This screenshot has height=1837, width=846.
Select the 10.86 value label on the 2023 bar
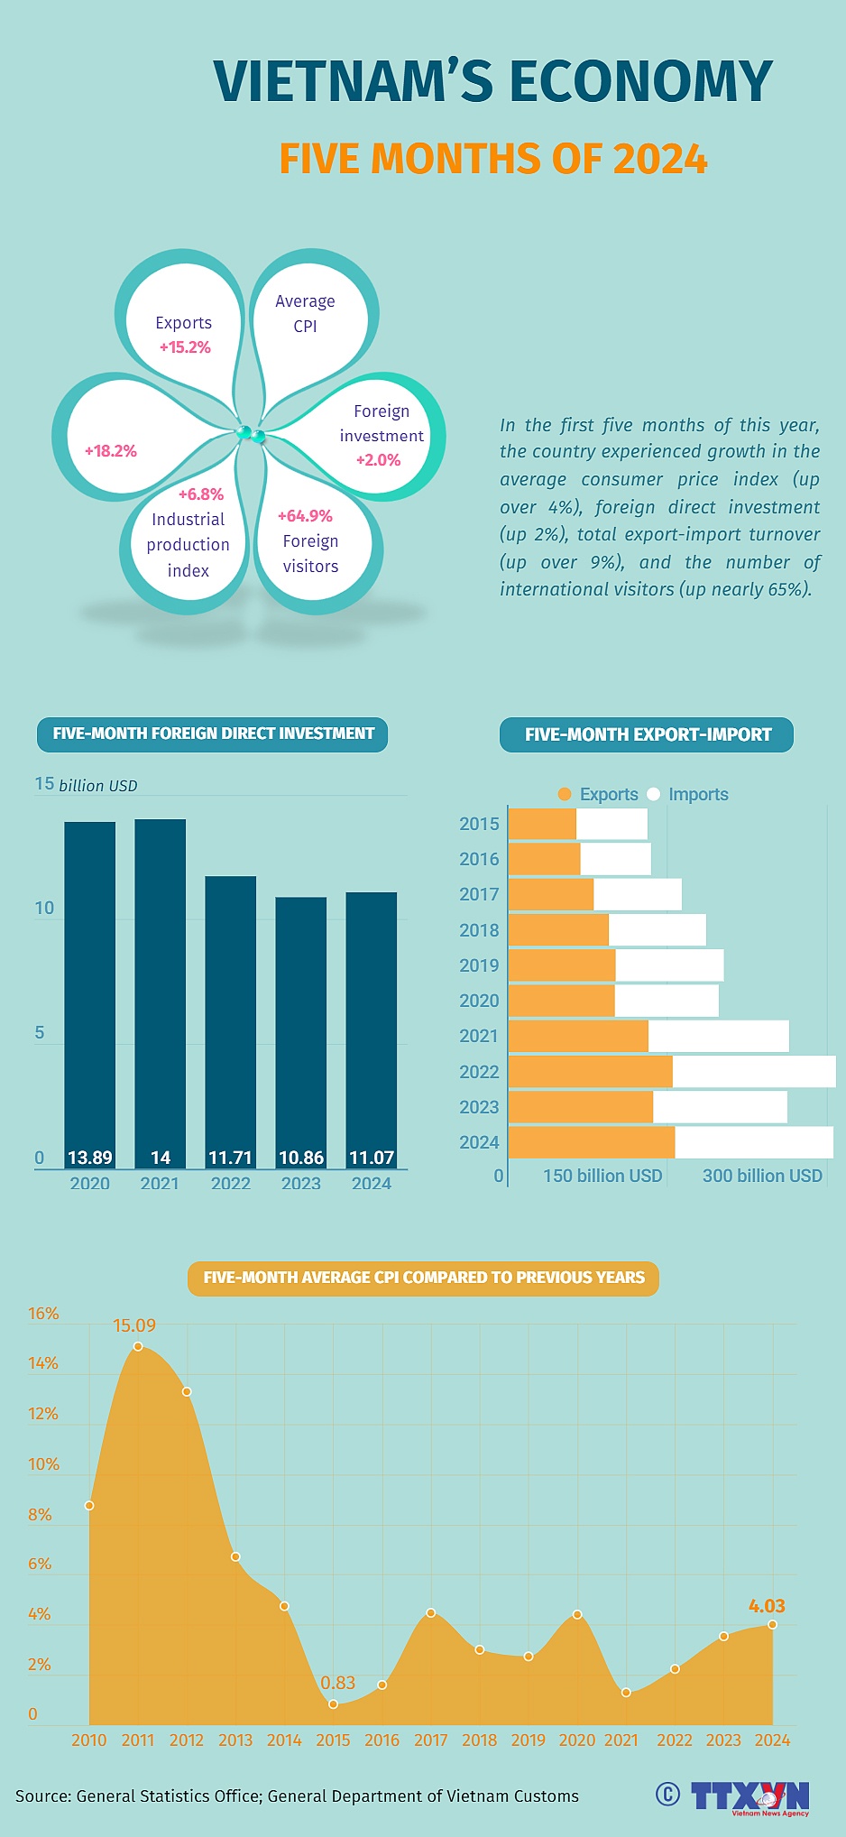tap(301, 1158)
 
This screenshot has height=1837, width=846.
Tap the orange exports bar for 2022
tap(591, 1071)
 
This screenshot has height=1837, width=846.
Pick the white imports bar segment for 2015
tap(612, 824)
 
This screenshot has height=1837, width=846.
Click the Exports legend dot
tap(565, 794)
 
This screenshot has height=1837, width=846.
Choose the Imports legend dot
tap(654, 794)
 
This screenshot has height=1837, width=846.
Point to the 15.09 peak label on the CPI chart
tap(134, 1325)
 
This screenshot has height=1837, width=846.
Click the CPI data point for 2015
tap(334, 1703)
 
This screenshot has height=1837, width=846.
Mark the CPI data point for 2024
tap(772, 1624)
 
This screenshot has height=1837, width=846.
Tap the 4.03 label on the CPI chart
tap(767, 1605)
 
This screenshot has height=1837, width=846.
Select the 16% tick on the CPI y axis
tap(43, 1314)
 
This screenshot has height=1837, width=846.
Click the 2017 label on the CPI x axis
tap(430, 1740)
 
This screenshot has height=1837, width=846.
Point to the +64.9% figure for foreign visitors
tap(305, 516)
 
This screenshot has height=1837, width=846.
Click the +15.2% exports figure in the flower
tap(185, 347)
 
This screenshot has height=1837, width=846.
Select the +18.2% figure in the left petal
tap(111, 451)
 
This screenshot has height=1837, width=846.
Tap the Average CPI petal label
tap(305, 313)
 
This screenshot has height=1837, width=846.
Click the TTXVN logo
tap(750, 1796)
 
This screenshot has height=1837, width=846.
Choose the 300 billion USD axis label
tap(762, 1176)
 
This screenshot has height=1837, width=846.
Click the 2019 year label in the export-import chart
tap(479, 965)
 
